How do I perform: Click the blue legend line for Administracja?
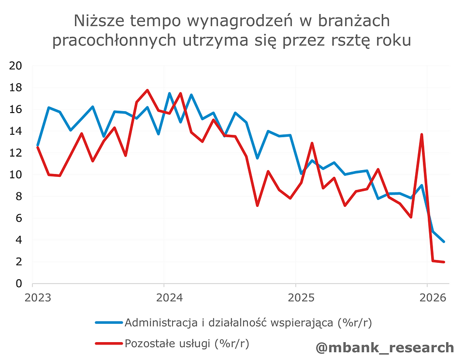109,322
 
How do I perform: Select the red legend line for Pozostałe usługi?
109,344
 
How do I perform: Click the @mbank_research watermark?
385,347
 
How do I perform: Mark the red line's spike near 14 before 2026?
422,135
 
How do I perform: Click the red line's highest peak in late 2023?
147,90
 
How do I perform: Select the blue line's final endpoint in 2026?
444,241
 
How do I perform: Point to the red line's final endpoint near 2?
444,262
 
